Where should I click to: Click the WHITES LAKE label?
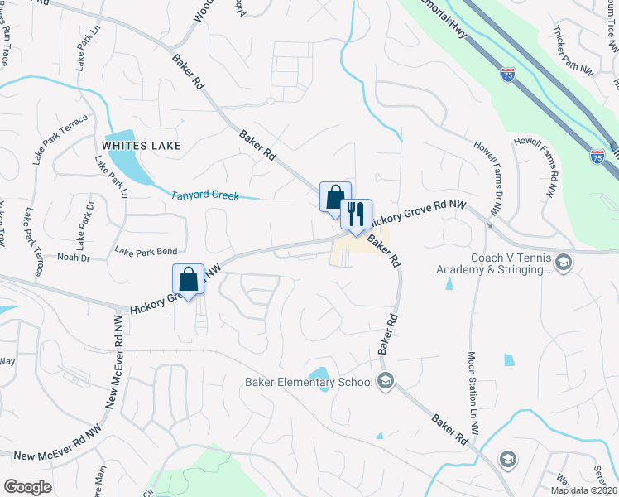point(141,145)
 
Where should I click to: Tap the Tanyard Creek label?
point(204,196)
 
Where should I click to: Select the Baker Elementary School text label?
point(309,382)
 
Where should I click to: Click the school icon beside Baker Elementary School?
point(385,381)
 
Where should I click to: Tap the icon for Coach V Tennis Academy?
point(563,263)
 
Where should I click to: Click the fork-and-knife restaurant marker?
point(356,215)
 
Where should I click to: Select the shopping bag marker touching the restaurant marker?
point(334,197)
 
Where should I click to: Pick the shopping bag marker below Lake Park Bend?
point(188,278)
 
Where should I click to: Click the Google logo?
point(27,487)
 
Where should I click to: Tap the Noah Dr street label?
point(72,258)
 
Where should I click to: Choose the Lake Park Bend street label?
point(146,251)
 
